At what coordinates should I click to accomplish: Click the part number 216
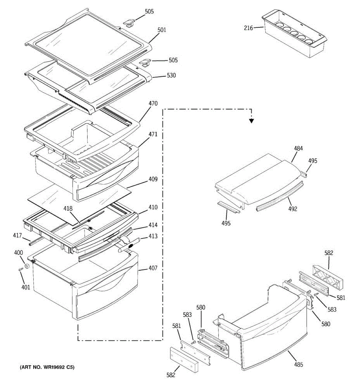(x=248, y=28)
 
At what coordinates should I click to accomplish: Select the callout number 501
(x=162, y=30)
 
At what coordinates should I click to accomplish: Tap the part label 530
(x=171, y=76)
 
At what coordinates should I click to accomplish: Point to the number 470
(x=153, y=104)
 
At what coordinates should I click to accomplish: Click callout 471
(x=153, y=134)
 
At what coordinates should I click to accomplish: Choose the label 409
(x=153, y=179)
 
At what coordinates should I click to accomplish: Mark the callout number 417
(x=18, y=236)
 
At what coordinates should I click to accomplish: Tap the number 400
(x=19, y=253)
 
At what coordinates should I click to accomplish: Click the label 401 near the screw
(x=26, y=287)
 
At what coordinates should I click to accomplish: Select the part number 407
(x=153, y=268)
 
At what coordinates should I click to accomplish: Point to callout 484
(x=298, y=148)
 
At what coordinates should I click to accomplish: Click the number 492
(x=292, y=209)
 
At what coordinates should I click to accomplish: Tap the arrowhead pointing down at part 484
(x=252, y=121)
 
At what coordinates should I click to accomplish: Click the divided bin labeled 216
(x=294, y=35)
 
